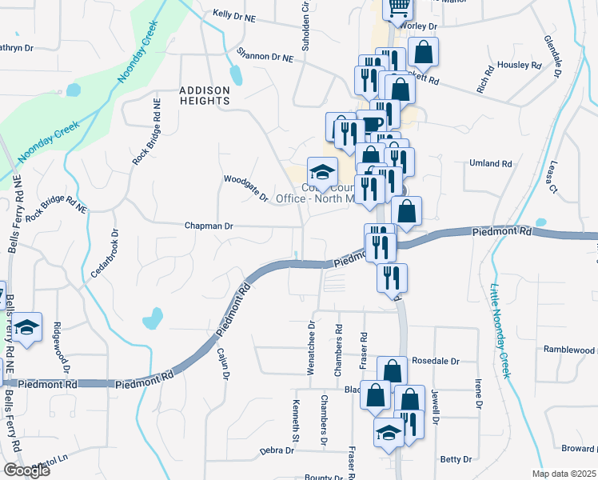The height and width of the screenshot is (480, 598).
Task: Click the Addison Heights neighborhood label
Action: click(204, 95)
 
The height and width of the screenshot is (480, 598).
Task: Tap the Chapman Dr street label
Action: click(208, 226)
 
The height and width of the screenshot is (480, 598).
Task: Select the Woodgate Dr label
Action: click(245, 188)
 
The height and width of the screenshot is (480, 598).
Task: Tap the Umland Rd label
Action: click(490, 164)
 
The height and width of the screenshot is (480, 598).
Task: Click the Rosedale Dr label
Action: click(436, 361)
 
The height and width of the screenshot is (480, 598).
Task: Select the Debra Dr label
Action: click(277, 450)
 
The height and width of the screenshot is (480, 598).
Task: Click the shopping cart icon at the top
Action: click(397, 8)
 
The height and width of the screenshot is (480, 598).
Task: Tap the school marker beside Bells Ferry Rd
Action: click(27, 328)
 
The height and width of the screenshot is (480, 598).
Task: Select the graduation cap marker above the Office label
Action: click(322, 172)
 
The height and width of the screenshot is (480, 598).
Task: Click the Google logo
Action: click(26, 470)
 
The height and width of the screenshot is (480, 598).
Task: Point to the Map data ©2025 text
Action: click(563, 474)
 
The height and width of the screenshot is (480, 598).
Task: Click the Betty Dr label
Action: click(456, 459)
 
